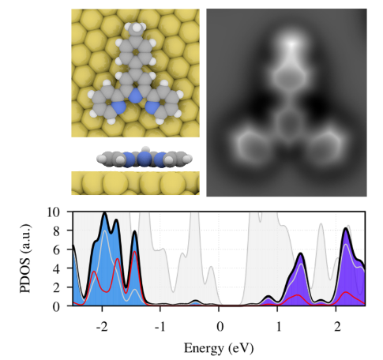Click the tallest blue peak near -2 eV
(x=104, y=214)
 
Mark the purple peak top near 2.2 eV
(x=347, y=230)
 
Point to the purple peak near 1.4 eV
(x=302, y=254)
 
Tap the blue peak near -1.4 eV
(x=136, y=231)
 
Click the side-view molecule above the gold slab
(x=133, y=158)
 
